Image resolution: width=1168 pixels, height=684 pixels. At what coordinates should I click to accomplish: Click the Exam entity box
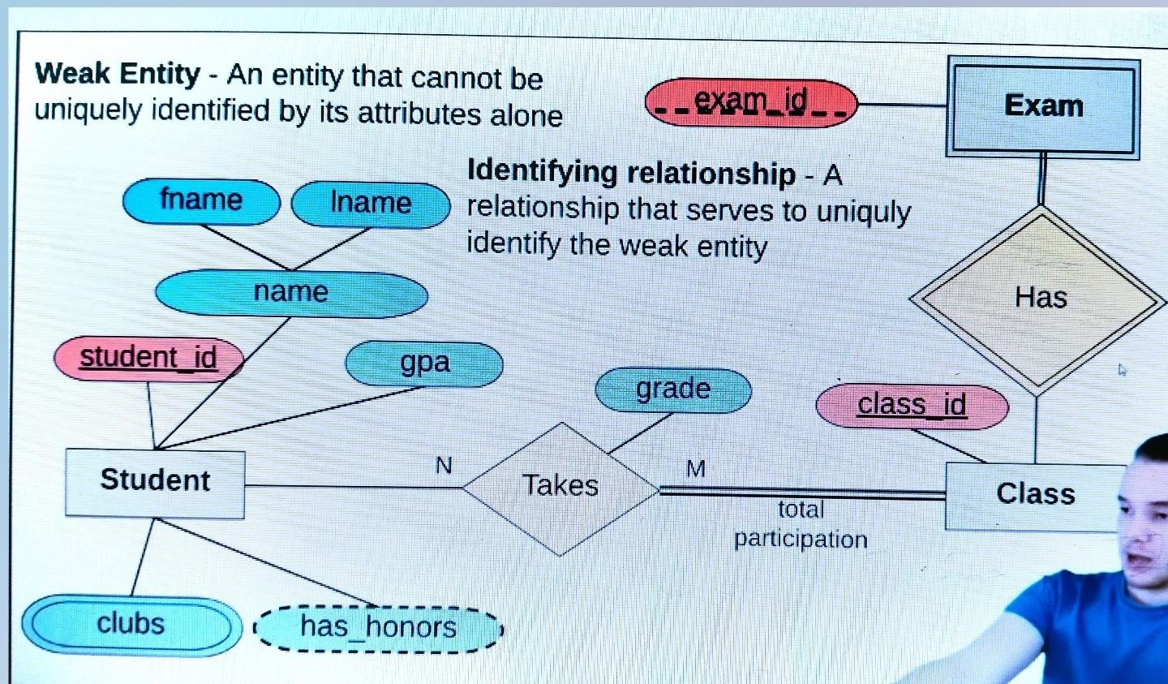1043,106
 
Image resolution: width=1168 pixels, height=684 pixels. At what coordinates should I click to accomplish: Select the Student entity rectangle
155,481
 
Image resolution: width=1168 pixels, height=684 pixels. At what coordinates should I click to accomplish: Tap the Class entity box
1035,494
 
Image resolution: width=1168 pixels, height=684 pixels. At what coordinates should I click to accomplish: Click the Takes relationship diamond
560,487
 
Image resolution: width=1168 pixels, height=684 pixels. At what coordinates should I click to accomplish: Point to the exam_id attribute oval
751,102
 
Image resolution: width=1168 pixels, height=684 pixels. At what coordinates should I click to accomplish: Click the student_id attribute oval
148,358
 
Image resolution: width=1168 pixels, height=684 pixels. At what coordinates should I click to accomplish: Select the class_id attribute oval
912,405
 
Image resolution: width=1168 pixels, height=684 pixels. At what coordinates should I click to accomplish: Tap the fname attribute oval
201,200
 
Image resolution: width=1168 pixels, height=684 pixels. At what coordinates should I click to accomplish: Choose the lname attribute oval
371,203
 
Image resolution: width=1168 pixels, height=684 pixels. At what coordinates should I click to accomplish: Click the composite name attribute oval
291,292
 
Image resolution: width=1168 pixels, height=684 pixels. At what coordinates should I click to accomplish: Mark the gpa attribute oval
424,364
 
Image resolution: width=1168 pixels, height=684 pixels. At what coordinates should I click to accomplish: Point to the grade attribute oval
673,389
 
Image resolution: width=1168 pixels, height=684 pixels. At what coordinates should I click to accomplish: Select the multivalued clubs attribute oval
131,624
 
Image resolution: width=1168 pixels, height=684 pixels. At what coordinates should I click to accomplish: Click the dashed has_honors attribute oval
378,627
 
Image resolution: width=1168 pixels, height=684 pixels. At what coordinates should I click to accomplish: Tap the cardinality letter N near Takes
444,465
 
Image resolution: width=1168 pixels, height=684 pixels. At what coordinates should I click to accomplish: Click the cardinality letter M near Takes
695,468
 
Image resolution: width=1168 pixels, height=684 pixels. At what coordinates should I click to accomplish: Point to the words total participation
801,524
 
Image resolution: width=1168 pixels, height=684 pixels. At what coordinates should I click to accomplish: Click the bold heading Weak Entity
118,75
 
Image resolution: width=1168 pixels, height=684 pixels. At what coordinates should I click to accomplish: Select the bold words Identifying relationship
631,173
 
